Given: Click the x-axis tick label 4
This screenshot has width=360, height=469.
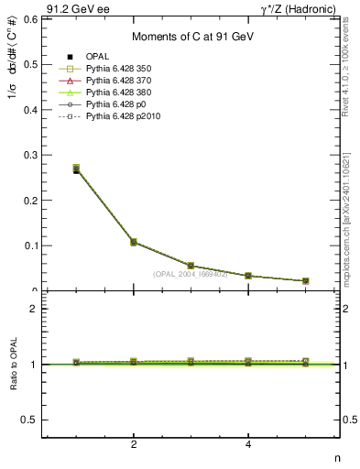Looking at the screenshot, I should [248, 445].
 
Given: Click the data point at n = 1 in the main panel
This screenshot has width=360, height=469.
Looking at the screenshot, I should [76, 169].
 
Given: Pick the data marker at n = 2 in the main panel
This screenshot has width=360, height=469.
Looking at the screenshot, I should [134, 242].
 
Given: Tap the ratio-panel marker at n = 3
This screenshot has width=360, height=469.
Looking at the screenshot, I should [191, 363].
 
